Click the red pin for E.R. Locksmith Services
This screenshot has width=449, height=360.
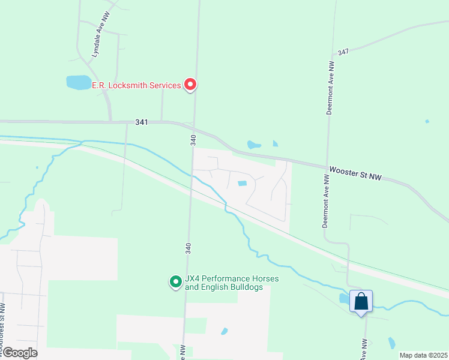point(190,85)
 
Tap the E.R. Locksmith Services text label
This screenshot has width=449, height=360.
point(136,86)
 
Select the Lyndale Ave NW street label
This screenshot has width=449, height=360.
point(99,41)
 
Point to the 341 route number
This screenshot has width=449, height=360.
point(142,122)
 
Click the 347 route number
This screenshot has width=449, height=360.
point(343,52)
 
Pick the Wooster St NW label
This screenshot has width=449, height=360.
point(355,173)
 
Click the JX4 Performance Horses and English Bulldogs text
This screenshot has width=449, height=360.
point(223,283)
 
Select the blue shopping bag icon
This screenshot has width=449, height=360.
point(361,301)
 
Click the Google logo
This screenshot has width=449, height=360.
point(19,353)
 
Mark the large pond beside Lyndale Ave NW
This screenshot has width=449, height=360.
point(78,83)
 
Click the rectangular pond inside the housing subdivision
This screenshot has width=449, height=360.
point(243,184)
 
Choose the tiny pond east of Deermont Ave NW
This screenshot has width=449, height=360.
point(427,121)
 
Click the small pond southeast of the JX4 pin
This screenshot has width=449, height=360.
point(224,331)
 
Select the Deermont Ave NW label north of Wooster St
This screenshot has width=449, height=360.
point(330,88)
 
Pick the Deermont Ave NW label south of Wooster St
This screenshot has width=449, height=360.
point(325,201)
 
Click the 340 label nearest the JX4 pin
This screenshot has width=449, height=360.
point(188,247)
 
